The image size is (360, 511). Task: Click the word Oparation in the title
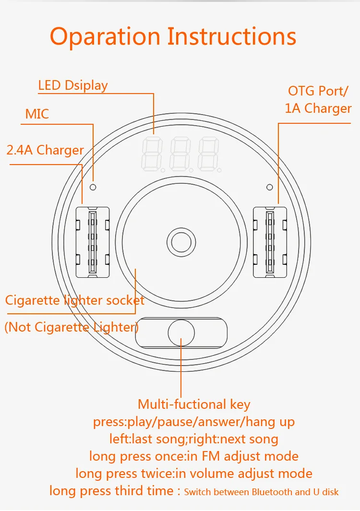[105, 37]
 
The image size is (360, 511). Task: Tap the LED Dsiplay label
[72, 86]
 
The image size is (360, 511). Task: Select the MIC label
[37, 114]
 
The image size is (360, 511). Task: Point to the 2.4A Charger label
[45, 150]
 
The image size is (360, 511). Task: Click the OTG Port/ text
[318, 91]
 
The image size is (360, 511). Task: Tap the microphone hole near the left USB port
[93, 187]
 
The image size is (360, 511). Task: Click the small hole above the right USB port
[270, 187]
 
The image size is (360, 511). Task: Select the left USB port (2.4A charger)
[93, 242]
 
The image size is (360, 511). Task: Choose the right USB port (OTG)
[270, 242]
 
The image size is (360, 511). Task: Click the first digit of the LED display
[152, 154]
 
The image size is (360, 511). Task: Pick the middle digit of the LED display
[180, 154]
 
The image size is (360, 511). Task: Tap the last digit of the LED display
[209, 154]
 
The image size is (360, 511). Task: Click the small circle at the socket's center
[181, 242]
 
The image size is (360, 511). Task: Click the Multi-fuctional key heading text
[194, 404]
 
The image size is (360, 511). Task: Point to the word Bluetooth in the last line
[272, 492]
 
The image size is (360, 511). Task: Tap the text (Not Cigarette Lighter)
[72, 327]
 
